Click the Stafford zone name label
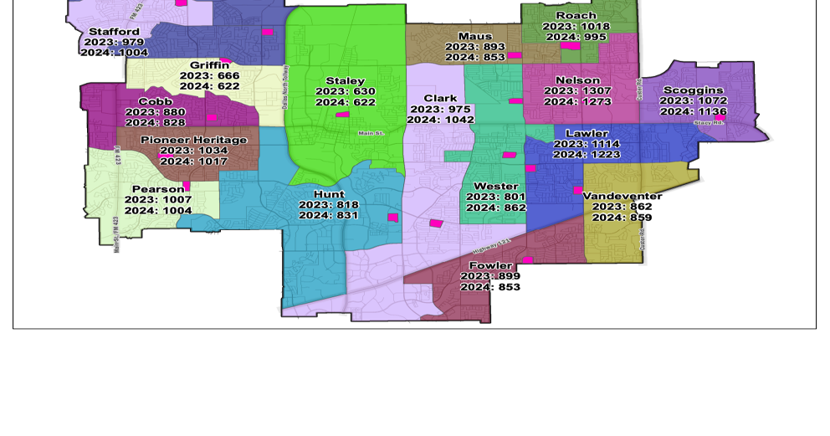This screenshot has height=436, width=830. coord(115,32)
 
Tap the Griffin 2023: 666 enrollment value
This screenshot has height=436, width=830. coord(210,75)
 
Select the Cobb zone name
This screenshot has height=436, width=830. coord(156,101)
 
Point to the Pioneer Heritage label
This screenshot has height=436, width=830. coord(194,140)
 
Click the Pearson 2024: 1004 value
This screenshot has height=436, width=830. coord(158,211)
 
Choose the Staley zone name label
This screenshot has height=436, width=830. coord(346,80)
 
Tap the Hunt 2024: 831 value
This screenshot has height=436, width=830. coord(329,215)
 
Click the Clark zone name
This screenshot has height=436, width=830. coord(441,99)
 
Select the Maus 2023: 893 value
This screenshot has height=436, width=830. coord(475,47)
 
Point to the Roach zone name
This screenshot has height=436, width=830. coord(576,15)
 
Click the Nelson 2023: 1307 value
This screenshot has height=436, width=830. coord(578,91)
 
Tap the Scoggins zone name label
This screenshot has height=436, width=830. coord(694,90)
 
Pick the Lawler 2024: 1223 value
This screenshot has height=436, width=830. coord(587,155)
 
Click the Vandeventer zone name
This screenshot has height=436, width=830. coord(622,196)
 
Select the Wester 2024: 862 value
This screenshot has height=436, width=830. coord(496,208)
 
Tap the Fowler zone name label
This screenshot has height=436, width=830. coord(490,265)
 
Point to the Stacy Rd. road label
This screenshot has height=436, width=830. coord(709,123)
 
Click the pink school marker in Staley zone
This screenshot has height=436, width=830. coord(342,114)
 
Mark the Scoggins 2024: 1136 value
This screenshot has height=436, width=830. coord(694,111)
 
